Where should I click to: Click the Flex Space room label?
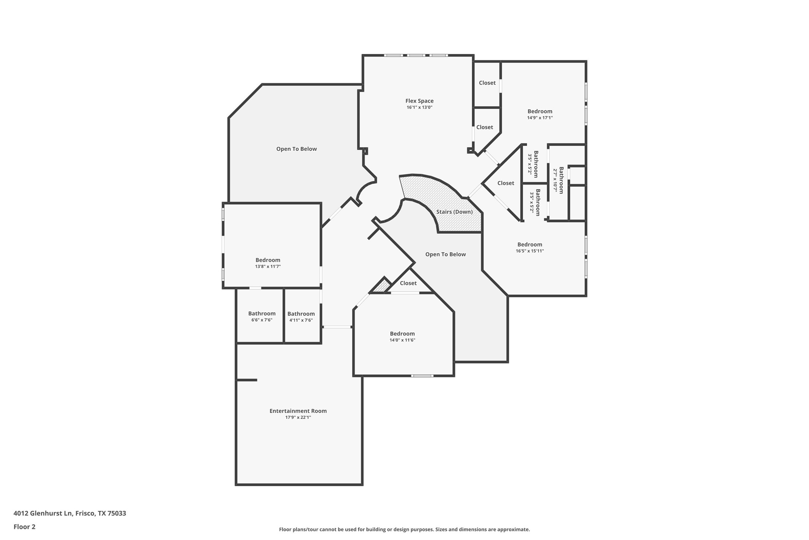coord(419,101)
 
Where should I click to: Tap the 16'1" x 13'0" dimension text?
coord(419,107)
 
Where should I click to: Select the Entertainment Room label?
coord(298,411)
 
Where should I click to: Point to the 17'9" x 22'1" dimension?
coord(298,418)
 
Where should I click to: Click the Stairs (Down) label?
coord(454,212)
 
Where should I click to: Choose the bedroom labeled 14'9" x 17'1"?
coord(539,111)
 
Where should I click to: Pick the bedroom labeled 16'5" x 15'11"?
coord(529,245)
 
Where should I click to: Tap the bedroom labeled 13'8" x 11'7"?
coord(267,260)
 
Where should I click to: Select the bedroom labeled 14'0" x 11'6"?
coord(402,334)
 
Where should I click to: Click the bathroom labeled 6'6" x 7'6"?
coord(261,314)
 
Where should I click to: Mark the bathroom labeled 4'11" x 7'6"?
coord(301,314)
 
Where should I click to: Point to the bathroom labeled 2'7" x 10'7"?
coord(561,180)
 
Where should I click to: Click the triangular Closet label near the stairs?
coord(505,183)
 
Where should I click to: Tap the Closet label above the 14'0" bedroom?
coord(408,283)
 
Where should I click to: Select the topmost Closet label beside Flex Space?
coord(487,83)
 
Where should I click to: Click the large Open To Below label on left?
coord(296,149)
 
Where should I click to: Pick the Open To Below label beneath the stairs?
coord(445,254)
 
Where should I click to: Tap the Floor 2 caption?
coord(24,527)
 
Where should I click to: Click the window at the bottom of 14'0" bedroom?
coord(422,376)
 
